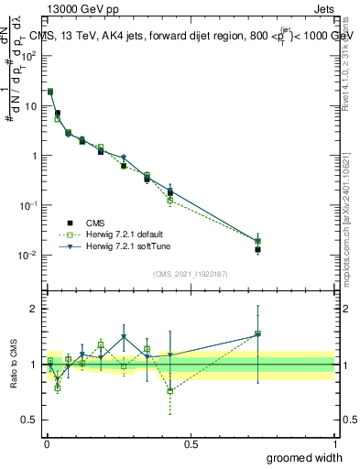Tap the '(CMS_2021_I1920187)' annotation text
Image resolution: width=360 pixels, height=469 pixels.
click(x=190, y=274)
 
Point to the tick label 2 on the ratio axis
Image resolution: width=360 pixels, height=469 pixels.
click(x=35, y=309)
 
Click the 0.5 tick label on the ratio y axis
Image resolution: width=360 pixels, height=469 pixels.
click(x=31, y=420)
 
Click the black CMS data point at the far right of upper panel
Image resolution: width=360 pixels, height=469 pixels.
click(x=257, y=249)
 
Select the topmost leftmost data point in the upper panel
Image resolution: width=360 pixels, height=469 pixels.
click(x=50, y=92)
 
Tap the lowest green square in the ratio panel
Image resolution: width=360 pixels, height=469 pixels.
click(x=170, y=391)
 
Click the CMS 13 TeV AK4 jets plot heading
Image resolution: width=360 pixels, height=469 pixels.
click(x=192, y=36)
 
